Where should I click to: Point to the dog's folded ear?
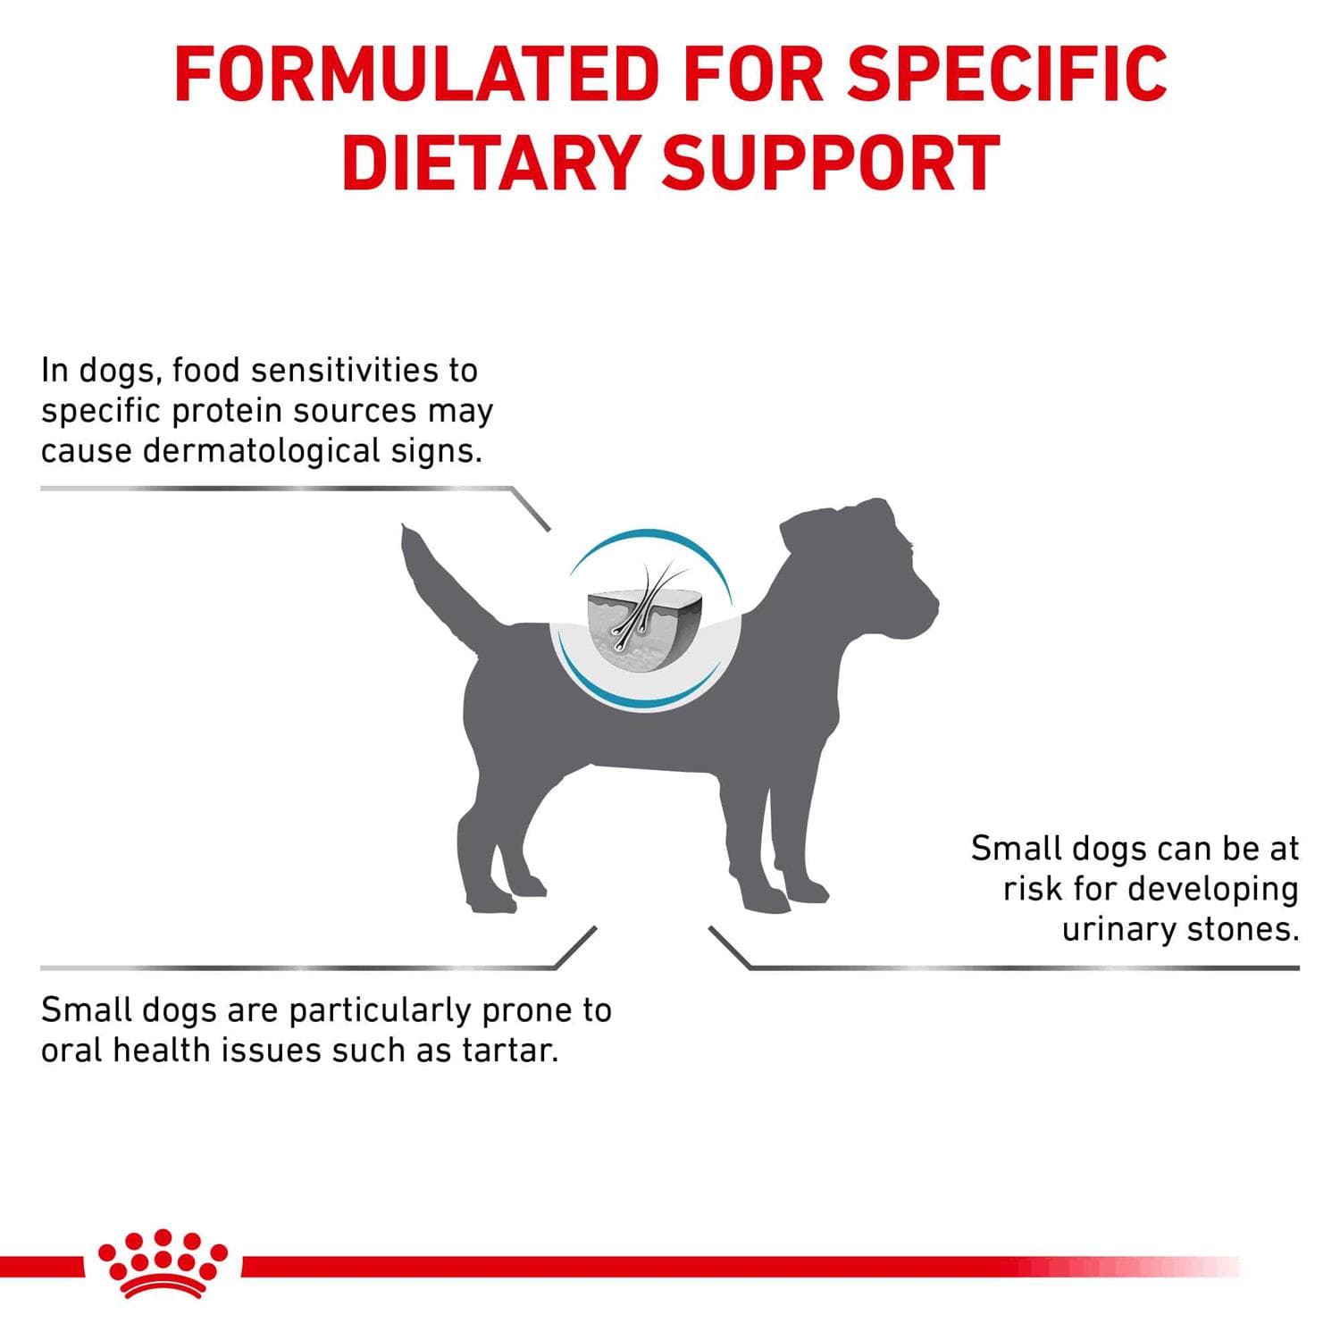pos(822,527)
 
